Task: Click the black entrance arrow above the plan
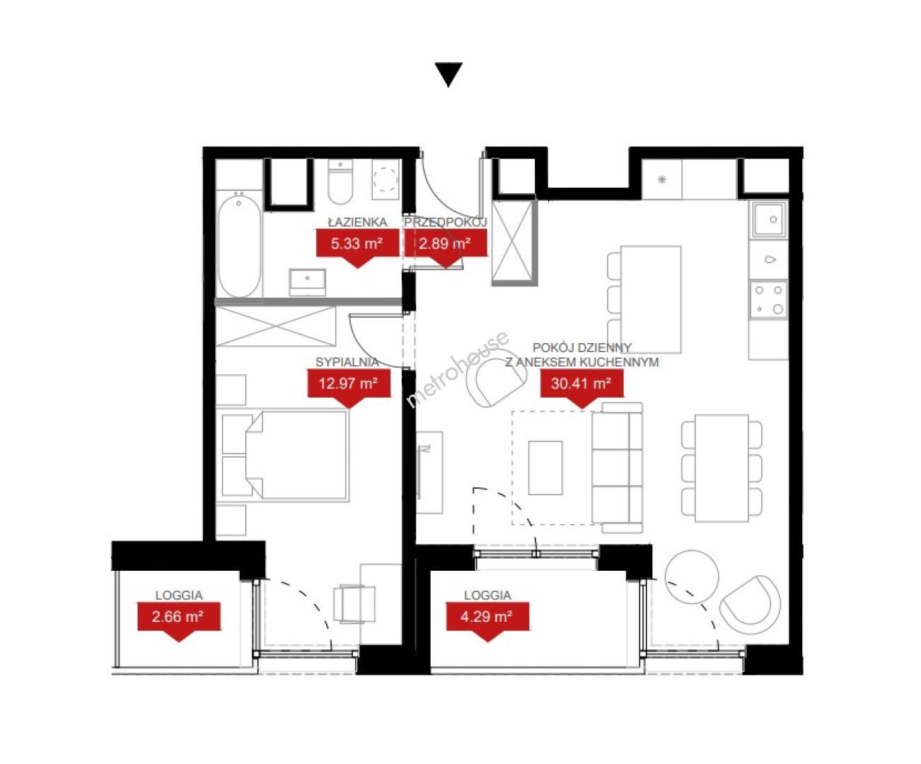(x=448, y=74)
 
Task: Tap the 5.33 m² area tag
(x=357, y=246)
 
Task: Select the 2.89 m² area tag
(x=446, y=246)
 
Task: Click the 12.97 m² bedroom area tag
(x=349, y=386)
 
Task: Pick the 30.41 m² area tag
(x=581, y=386)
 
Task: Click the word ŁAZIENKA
(x=357, y=222)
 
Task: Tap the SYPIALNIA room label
(x=347, y=362)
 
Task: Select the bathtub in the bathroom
(x=240, y=245)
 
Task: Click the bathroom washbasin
(x=308, y=282)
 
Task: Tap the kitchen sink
(x=769, y=220)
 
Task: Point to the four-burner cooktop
(x=768, y=300)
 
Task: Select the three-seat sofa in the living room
(x=617, y=468)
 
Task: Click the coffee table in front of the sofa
(x=545, y=468)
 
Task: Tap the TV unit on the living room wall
(x=429, y=472)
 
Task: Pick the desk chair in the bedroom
(x=354, y=603)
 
